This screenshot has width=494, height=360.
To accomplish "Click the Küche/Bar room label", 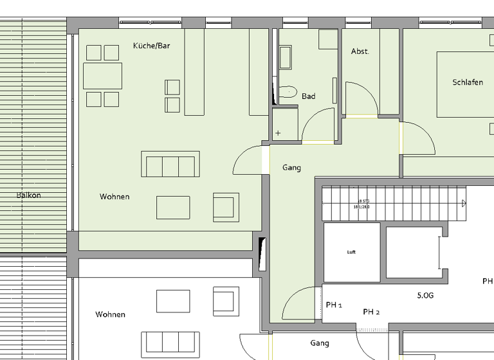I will point(151,46).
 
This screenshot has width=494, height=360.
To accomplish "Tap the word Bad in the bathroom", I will point(309,96).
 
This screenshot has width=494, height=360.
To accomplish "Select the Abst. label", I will point(360,51).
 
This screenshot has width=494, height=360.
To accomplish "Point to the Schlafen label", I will point(468,82).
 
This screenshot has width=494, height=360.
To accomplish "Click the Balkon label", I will point(29,195).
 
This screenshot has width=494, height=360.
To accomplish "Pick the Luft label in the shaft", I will point(351,252).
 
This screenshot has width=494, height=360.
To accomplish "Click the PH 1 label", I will point(334,305).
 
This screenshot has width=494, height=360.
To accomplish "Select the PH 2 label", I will point(371,312).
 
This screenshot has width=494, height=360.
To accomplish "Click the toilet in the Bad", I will point(288,93).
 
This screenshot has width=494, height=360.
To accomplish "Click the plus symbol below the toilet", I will point(278,133).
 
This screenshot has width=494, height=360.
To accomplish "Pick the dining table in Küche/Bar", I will point(102,76).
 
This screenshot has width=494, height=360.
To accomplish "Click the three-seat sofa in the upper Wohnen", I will point(170,165).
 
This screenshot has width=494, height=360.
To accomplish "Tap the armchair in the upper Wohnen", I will point(225,207).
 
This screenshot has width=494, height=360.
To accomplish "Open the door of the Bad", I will point(319,125).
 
